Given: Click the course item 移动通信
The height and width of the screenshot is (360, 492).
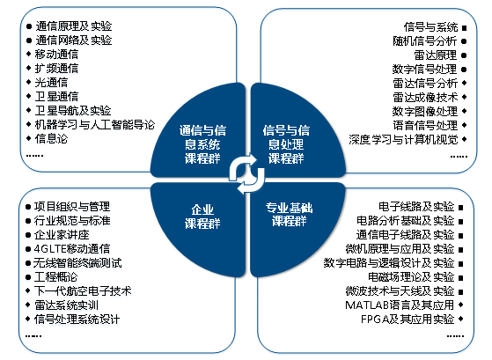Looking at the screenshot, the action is (56, 55).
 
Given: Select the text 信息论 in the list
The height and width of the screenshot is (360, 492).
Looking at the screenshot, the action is (51, 139).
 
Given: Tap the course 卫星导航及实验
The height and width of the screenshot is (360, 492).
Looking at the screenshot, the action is (73, 111).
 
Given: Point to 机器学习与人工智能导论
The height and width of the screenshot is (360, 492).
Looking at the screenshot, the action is (95, 125).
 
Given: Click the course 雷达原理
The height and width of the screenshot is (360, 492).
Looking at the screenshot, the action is (435, 55).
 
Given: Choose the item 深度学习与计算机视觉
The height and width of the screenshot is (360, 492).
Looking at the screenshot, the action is (403, 139).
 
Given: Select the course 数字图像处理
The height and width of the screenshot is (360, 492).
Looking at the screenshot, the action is (425, 111).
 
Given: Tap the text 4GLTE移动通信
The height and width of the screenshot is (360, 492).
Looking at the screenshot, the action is (72, 249).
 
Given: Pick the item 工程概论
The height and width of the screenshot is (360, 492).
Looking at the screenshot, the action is (55, 277).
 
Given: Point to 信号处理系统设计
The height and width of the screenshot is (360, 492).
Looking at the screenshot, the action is (77, 320).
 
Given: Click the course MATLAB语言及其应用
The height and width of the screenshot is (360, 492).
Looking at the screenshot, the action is (400, 305).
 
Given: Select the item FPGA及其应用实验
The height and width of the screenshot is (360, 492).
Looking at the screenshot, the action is (408, 320).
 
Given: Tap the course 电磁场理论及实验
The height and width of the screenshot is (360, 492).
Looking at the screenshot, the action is (411, 277).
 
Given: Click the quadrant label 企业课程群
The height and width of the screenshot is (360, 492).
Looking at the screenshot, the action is (202, 217).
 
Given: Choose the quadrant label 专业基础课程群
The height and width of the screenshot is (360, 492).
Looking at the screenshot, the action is (289, 215).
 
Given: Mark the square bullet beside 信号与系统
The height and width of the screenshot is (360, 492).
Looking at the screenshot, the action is (465, 28).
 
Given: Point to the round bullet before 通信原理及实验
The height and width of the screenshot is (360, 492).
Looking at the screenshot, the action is (29, 26).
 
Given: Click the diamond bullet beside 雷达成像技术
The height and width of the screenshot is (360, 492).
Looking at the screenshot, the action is (465, 97).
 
